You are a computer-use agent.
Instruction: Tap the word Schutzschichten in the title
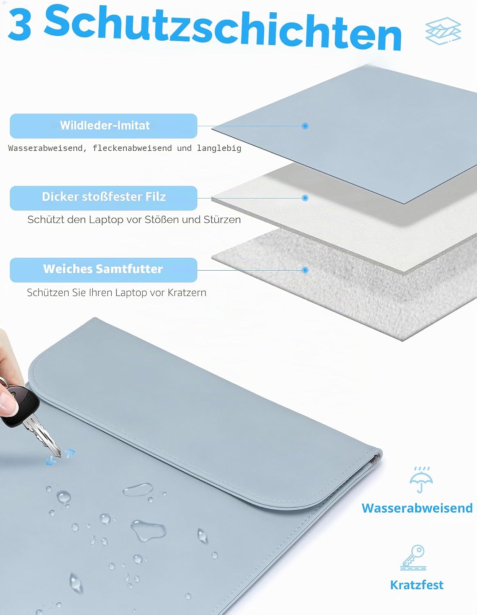click(223, 28)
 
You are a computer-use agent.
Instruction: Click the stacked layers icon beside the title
click(443, 31)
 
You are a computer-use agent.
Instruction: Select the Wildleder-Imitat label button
click(104, 126)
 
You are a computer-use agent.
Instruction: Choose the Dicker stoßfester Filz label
click(104, 198)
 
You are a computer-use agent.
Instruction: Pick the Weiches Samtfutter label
click(104, 270)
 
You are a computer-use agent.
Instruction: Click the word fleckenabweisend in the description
click(132, 148)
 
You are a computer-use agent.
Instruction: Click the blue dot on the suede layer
click(305, 126)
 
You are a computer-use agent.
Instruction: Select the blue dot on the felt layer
click(305, 198)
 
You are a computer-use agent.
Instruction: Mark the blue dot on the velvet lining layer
click(305, 270)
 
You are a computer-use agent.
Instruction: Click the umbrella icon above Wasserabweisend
click(421, 480)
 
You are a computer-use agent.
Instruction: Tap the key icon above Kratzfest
click(413, 557)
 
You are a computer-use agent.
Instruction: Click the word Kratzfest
click(417, 585)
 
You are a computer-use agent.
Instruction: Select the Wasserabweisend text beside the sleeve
click(417, 508)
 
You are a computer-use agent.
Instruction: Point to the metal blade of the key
click(43, 437)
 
